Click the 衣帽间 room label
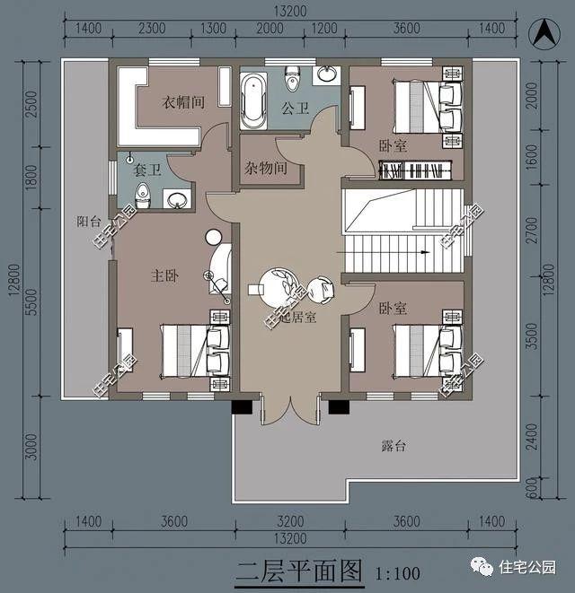(x=183, y=102)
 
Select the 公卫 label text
(x=295, y=109)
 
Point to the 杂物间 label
(x=266, y=168)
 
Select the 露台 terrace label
(x=384, y=445)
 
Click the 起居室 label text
(x=297, y=318)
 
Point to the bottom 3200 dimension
(x=290, y=521)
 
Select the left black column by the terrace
(x=243, y=406)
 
